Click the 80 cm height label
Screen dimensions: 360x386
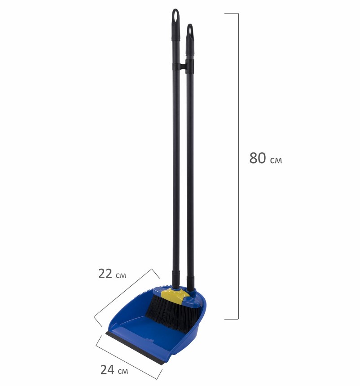266,158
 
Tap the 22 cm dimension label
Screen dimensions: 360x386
112,274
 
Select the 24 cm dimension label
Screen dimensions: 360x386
114,369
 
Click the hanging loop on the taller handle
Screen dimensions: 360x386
176,16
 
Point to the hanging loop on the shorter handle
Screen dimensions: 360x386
190,31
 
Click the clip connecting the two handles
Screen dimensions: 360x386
183,66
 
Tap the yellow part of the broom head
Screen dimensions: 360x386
175,295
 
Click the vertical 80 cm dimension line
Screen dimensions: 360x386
238,166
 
